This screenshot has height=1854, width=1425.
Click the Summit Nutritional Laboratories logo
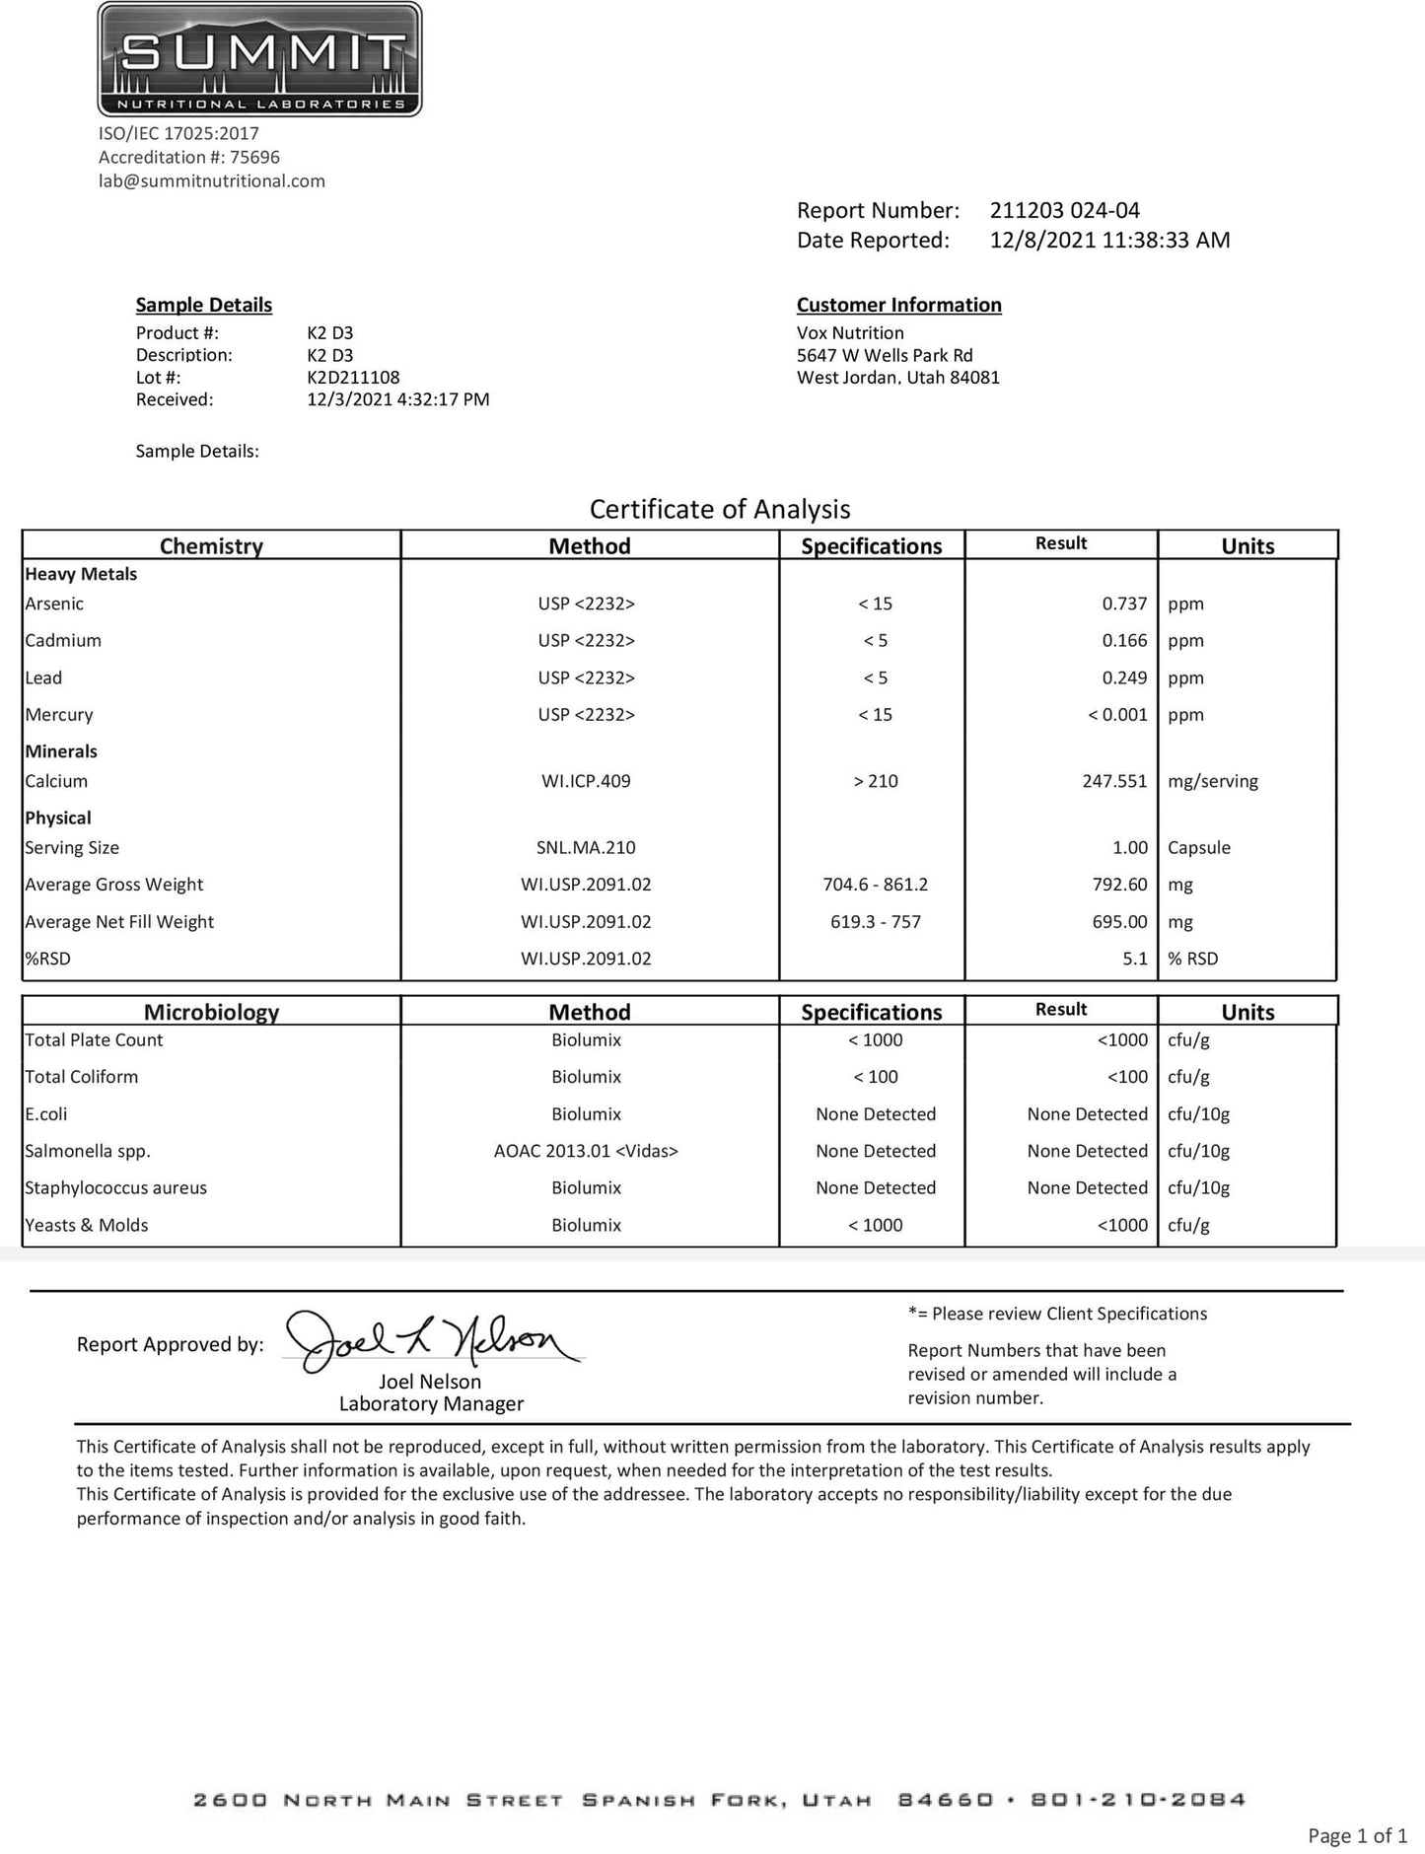[x=259, y=59]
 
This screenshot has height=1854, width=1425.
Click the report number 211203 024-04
[x=1064, y=210]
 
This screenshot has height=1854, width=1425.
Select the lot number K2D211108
[x=353, y=377]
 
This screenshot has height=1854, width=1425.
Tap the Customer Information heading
[x=898, y=305]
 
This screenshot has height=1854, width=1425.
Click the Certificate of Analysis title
[x=720, y=509]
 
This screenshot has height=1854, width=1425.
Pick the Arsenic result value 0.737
[x=1124, y=604]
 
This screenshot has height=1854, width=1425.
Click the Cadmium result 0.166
[x=1124, y=640]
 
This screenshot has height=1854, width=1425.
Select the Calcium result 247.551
[x=1114, y=781]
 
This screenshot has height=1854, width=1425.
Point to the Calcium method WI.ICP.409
[x=586, y=781]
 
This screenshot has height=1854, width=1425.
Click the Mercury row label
[x=59, y=714]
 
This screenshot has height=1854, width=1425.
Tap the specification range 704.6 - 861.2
[x=875, y=885]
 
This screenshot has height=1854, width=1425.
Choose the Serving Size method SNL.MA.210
[x=586, y=847]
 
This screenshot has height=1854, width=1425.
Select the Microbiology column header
[x=211, y=1012]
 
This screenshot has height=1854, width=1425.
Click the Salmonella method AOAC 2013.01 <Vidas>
[x=586, y=1151]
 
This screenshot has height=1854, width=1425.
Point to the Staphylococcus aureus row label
[x=115, y=1187]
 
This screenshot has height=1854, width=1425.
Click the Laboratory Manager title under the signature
[x=431, y=1403]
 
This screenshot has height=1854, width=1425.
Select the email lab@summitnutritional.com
[x=211, y=180]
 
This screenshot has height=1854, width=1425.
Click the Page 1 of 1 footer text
[x=1357, y=1835]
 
